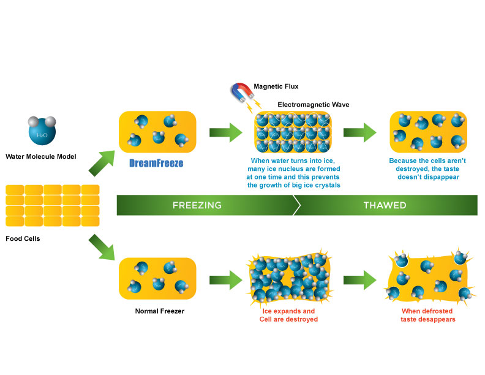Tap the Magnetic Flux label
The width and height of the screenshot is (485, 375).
[x=276, y=86]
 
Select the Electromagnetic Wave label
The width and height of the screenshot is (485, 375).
[x=314, y=105]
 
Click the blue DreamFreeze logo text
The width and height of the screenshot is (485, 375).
[x=156, y=163]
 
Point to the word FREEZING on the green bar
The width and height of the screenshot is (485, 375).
[x=197, y=205]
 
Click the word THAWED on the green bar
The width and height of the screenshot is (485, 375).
[x=385, y=205]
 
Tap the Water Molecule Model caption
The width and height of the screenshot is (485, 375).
[x=41, y=157]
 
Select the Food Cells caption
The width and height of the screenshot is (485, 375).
[x=23, y=238]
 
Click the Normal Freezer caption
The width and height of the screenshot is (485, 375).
[x=160, y=311]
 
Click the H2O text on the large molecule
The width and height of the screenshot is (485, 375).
[x=42, y=135]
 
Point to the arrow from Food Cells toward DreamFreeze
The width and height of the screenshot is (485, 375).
[x=102, y=163]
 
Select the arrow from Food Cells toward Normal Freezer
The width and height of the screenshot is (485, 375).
[x=102, y=247]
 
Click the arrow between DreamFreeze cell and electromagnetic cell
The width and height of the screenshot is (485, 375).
[x=226, y=132]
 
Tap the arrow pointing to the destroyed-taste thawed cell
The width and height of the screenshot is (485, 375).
[x=359, y=280]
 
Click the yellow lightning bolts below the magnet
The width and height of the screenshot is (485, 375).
[x=254, y=105]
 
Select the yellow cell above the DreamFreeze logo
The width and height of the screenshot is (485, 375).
[x=157, y=132]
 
